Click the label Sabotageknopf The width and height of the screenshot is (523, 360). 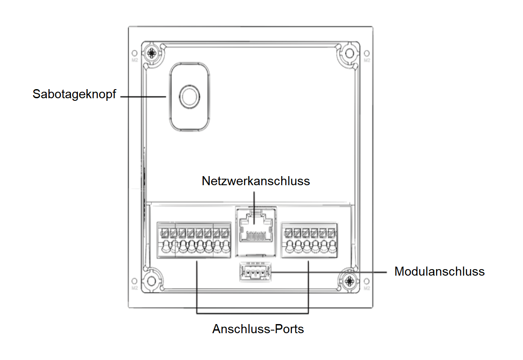point(74,94)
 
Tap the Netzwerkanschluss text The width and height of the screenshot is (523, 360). point(256,180)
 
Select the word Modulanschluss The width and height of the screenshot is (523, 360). point(439,272)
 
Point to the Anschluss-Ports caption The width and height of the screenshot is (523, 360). point(258,329)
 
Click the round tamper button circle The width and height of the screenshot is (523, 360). point(189,96)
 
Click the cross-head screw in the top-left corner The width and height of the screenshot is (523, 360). point(151,53)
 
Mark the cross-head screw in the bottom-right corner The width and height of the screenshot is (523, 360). point(349,281)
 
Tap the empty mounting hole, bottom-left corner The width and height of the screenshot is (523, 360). point(151,280)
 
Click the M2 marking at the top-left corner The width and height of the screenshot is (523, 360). point(135,60)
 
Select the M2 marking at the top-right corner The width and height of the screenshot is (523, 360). point(367,60)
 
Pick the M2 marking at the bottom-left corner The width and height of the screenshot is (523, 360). point(135,288)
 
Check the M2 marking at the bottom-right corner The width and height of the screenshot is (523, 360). point(367,288)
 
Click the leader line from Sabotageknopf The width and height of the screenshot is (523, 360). point(143,96)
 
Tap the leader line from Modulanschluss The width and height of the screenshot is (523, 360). point(329,272)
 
